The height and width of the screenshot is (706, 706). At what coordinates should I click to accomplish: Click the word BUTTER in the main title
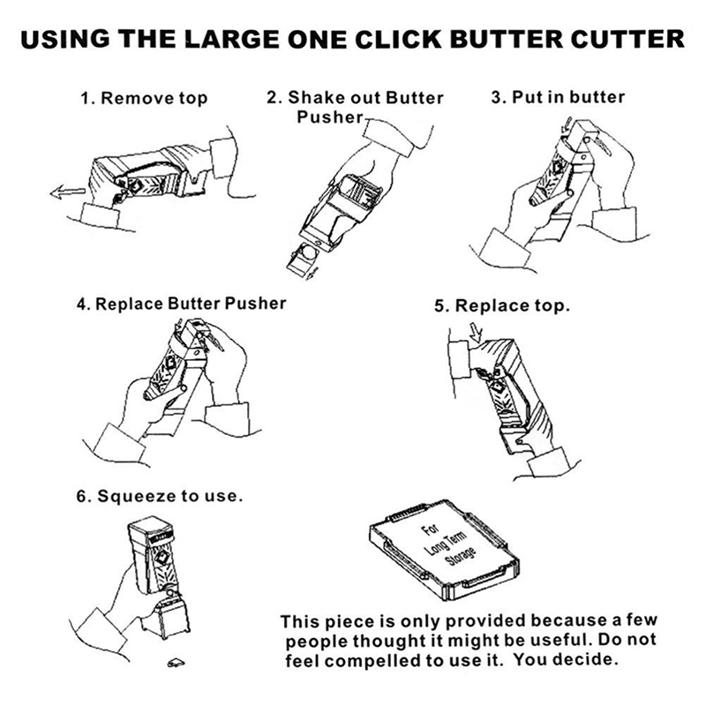coord(506,39)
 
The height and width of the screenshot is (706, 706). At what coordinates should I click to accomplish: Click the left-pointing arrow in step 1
coord(68,192)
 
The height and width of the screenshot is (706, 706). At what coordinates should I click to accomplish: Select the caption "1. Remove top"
coord(144,98)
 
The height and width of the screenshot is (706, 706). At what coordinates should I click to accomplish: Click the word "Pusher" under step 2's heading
coord(329,117)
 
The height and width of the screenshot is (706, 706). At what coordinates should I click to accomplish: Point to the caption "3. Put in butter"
coord(558,97)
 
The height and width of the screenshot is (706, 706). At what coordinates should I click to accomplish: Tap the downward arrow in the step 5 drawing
coord(476,333)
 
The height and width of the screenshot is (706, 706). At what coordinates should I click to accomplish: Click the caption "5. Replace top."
coord(502,305)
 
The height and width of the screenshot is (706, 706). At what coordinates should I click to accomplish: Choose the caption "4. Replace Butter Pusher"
coord(182,304)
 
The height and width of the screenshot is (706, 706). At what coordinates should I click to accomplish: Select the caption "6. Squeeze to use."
coord(160,496)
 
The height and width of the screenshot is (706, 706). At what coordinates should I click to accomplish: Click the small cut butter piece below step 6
coord(176,662)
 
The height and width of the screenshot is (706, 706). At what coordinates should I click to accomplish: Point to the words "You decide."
coord(566,660)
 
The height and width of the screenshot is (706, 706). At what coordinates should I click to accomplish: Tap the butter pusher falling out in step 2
coord(304,260)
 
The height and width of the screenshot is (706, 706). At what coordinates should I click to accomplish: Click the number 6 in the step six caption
coord(81,497)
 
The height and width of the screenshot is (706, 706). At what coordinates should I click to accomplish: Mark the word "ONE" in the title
coord(317,39)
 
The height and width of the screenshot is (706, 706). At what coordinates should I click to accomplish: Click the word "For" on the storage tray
coord(430,529)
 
